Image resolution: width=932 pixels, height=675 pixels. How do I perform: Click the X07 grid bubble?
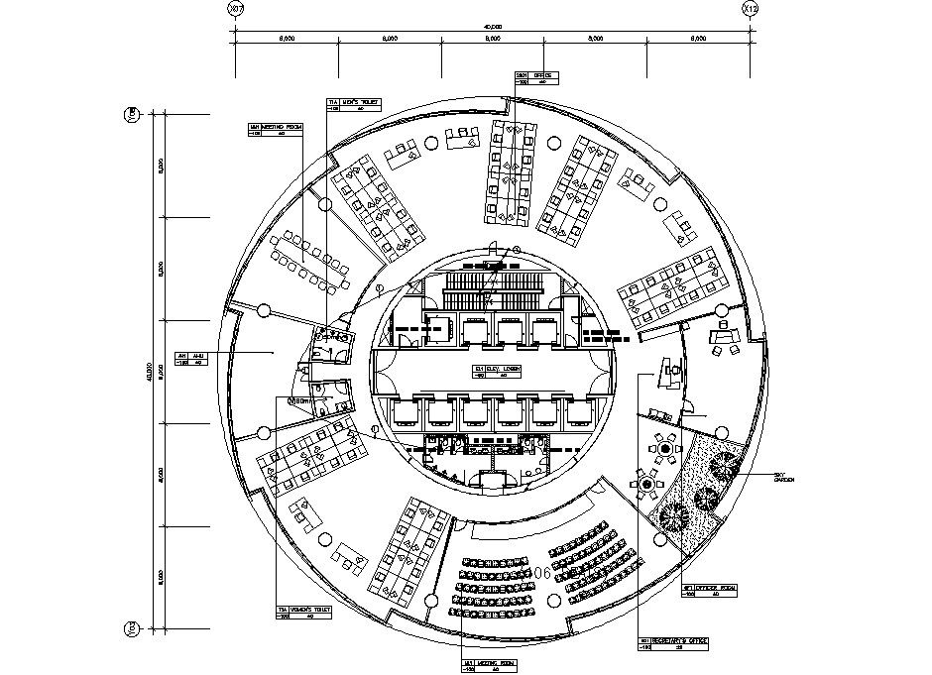click(235, 9)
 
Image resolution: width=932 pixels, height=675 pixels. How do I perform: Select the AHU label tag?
click(190, 358)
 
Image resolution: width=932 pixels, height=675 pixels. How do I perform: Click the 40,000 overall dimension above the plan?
click(493, 27)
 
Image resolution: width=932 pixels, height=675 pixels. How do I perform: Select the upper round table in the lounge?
click(665, 448)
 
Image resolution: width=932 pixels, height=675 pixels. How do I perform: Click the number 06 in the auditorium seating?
click(541, 573)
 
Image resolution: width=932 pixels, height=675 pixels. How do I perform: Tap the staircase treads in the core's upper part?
click(493, 287)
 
